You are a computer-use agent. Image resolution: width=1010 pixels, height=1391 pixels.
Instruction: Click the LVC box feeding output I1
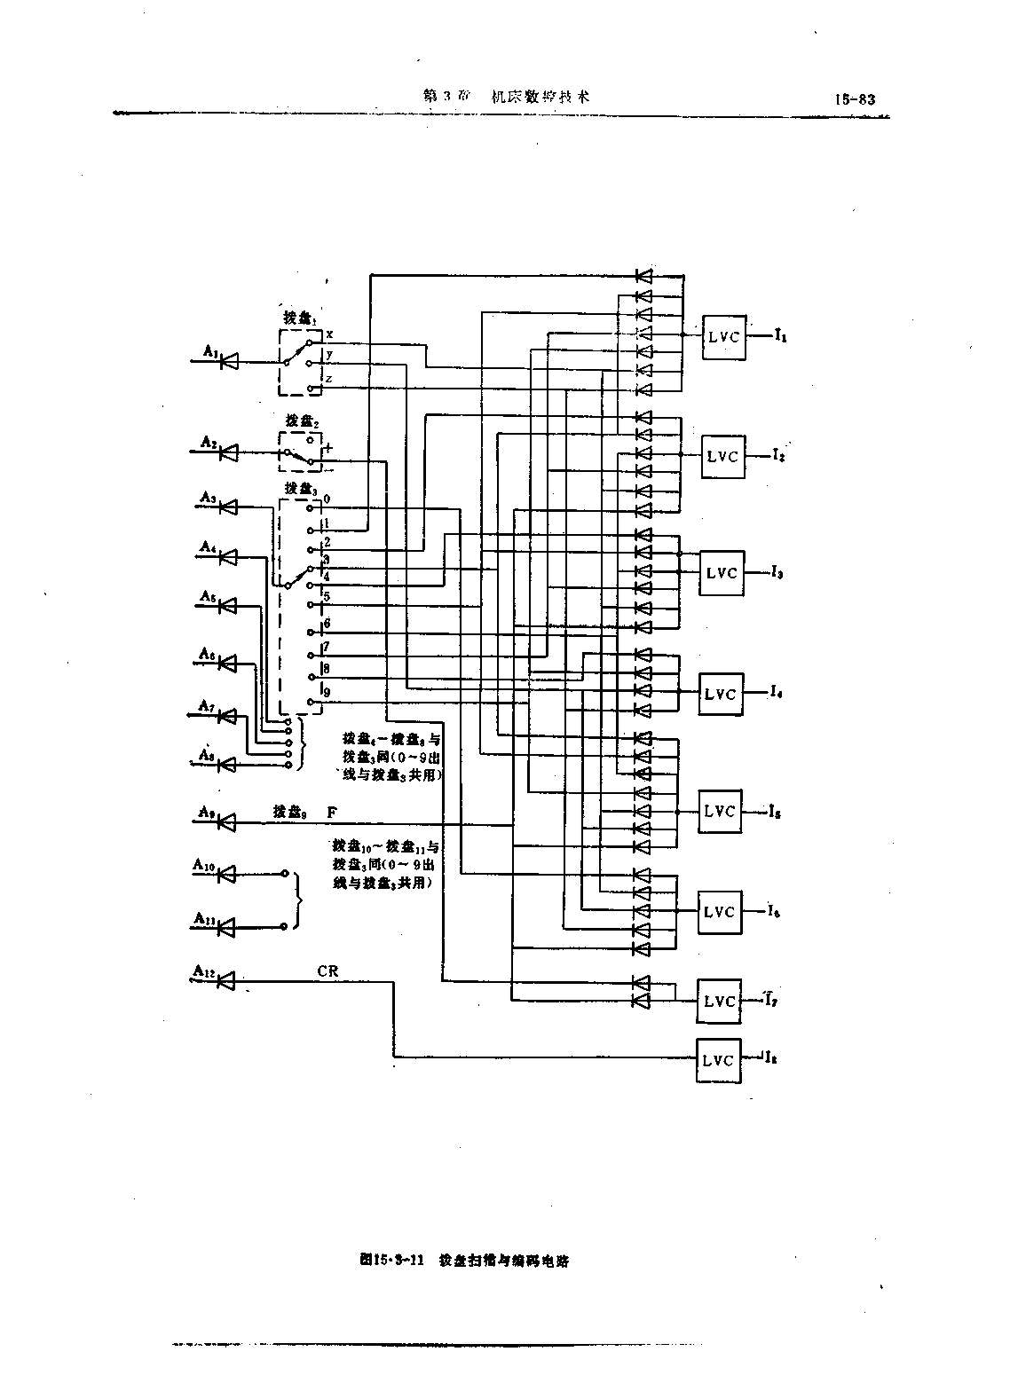coord(724,336)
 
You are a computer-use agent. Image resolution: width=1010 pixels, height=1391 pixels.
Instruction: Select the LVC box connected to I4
coord(722,693)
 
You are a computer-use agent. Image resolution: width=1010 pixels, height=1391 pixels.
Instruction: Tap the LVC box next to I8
coord(719,1060)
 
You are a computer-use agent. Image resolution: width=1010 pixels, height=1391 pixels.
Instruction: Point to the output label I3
coord(777,572)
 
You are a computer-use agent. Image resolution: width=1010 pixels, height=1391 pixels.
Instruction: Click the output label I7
coord(771,1000)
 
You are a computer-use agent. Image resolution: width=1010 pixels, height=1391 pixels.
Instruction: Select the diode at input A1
coord(230,362)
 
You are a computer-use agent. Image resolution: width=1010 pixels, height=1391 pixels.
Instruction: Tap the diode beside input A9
coord(227,822)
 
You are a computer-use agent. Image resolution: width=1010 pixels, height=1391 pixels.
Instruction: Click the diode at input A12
coord(227,981)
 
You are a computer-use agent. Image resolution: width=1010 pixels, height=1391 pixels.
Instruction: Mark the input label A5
coord(208,596)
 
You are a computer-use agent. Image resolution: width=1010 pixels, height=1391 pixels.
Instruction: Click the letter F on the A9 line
coord(332,812)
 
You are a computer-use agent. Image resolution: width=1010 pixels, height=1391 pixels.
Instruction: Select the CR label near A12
coord(327,971)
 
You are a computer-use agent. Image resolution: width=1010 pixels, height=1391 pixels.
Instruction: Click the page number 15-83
coord(854,99)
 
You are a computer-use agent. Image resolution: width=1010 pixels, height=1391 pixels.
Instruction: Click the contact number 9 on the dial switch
coord(327,692)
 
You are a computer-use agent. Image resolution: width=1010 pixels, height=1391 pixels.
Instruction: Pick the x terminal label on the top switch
coord(329,334)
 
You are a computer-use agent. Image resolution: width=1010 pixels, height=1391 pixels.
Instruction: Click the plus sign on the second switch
coord(329,449)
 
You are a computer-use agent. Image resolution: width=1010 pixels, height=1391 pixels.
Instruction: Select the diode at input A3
coord(228,507)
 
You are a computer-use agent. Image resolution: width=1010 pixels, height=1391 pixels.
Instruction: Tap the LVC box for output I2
coord(722,456)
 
